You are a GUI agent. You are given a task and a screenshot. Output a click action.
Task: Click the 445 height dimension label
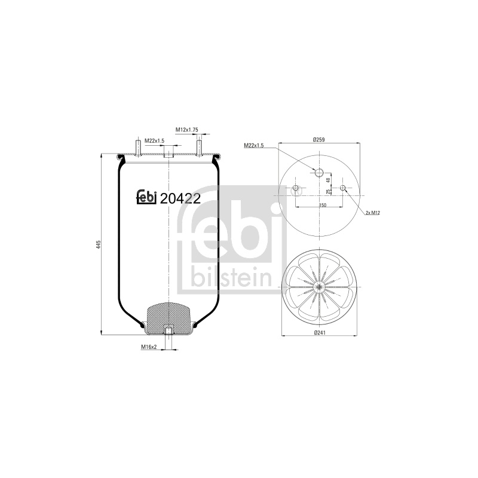point(98,245)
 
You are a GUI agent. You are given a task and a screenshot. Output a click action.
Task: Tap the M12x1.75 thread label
point(186,130)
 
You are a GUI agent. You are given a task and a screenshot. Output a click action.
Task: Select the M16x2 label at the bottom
point(149,347)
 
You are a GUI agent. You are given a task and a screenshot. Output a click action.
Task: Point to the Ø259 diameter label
point(319,140)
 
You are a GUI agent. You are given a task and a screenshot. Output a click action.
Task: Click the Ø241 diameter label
point(320,332)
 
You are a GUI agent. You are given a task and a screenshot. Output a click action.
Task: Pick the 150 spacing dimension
point(323,205)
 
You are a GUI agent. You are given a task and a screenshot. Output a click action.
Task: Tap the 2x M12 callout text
point(372,213)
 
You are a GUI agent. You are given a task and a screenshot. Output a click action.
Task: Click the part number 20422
point(180,199)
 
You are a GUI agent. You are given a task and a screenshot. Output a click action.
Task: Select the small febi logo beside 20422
point(146,197)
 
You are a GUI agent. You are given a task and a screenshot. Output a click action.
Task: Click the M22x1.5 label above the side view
point(154,140)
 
